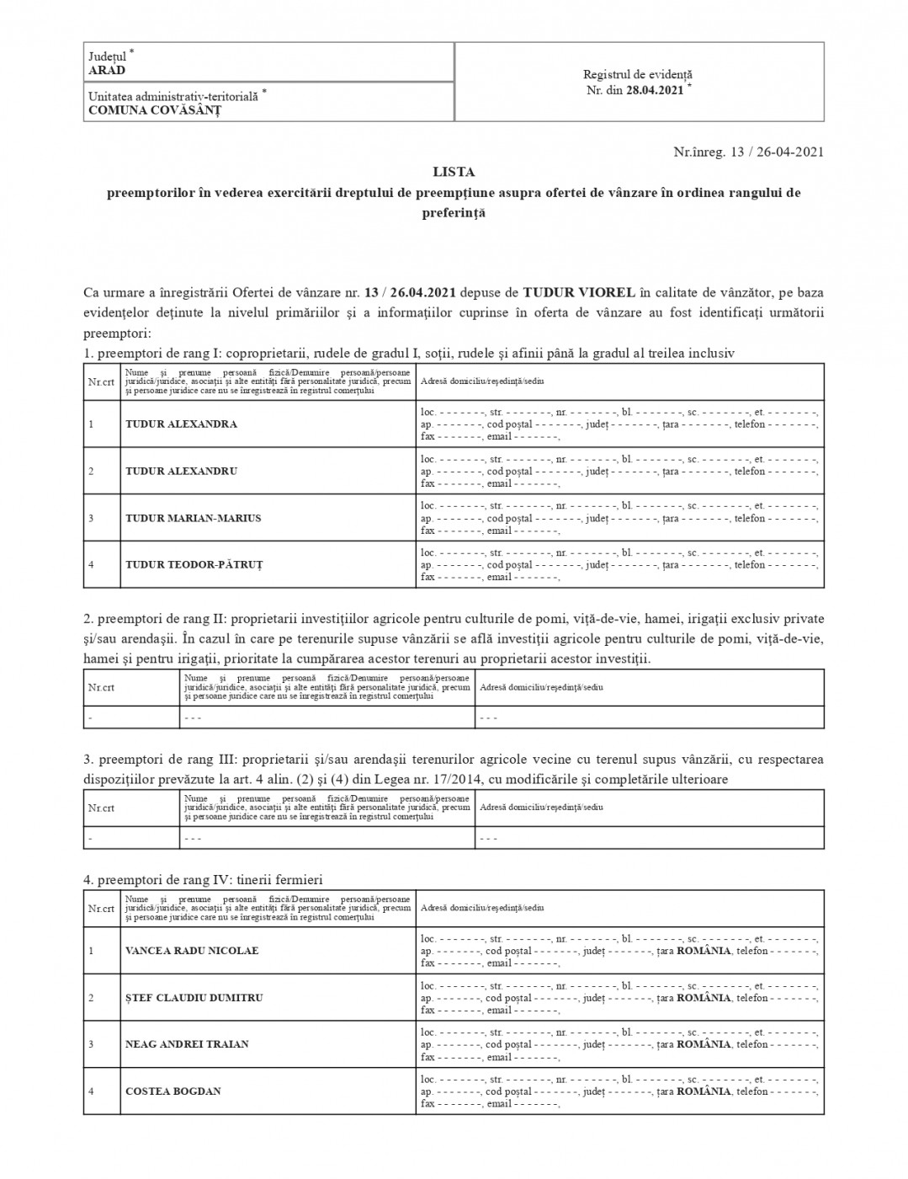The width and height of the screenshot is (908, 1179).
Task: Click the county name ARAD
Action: (x=107, y=71)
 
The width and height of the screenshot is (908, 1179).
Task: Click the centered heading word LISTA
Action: (x=454, y=172)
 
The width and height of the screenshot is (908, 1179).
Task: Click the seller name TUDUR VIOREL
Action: (x=579, y=293)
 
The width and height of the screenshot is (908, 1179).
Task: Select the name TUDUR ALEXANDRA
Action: (x=181, y=424)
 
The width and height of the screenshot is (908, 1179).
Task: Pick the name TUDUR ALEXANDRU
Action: (x=181, y=472)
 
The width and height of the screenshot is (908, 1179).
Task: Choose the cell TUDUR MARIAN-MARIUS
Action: (x=193, y=519)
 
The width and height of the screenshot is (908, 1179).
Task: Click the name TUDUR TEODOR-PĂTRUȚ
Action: (x=194, y=565)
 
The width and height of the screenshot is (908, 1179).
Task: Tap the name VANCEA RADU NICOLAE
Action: (x=192, y=951)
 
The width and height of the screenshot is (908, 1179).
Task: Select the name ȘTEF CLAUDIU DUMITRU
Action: (x=194, y=998)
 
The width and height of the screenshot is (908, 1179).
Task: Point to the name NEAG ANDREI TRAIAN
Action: (x=187, y=1044)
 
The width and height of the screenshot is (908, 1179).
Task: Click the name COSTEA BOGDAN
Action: (x=173, y=1091)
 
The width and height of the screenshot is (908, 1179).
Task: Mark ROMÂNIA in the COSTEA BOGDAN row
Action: (x=704, y=1091)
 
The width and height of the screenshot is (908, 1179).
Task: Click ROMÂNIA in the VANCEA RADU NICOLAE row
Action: (x=704, y=951)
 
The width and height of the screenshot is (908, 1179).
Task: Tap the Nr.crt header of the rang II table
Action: (x=101, y=687)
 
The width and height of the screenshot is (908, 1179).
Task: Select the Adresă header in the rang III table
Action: (x=541, y=808)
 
